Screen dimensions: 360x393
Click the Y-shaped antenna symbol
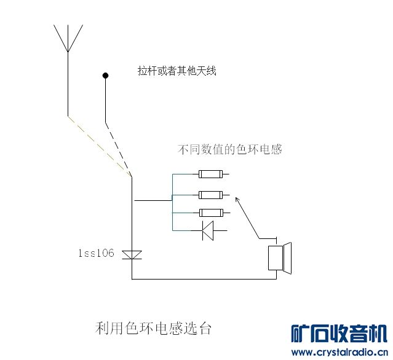click(x=68, y=40)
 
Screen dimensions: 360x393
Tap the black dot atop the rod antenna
click(x=105, y=76)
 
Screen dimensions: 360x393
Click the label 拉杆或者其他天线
click(x=177, y=71)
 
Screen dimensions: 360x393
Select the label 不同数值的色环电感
click(x=229, y=149)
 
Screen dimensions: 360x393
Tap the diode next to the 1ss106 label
click(x=132, y=254)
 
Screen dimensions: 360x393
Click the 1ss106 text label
click(x=95, y=253)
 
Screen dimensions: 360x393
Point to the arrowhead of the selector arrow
click(x=237, y=199)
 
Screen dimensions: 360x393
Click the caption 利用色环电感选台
click(x=154, y=329)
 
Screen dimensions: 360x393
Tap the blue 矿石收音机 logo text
click(x=339, y=334)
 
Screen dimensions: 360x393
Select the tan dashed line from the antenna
click(x=98, y=146)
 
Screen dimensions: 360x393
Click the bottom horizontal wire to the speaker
click(x=203, y=279)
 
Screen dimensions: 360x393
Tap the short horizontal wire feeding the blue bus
click(x=153, y=200)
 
